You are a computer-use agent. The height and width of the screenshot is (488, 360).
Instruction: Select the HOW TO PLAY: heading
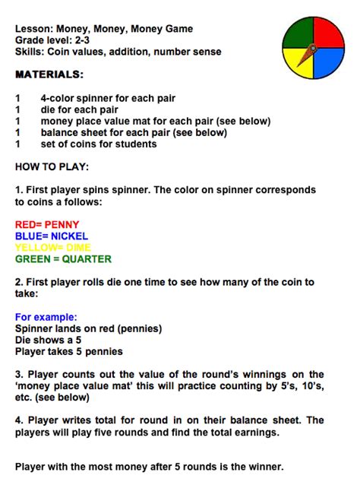click(52, 166)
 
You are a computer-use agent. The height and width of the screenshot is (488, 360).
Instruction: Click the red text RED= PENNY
click(47, 225)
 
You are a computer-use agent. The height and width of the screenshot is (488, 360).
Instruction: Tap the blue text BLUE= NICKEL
click(51, 236)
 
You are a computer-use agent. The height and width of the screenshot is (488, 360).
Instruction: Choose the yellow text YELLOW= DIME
click(54, 247)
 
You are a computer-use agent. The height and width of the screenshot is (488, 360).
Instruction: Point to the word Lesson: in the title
click(35, 29)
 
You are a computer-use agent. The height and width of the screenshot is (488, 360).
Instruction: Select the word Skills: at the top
click(32, 51)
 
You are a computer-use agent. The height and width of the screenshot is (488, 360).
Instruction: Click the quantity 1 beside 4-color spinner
click(17, 98)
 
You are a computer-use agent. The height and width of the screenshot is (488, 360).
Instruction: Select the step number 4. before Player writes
click(19, 420)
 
